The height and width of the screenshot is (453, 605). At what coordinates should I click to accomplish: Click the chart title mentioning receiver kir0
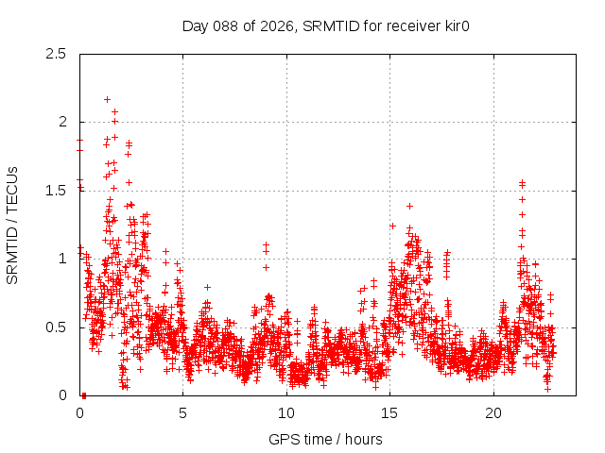[x=326, y=25]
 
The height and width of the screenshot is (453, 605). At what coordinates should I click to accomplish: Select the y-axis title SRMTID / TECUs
[x=13, y=225]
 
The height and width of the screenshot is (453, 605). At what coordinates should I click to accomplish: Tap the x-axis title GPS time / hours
[x=325, y=439]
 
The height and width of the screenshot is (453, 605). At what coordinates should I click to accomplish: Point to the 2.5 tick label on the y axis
[x=57, y=54]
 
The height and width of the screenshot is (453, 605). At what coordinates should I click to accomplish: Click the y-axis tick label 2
[x=62, y=122]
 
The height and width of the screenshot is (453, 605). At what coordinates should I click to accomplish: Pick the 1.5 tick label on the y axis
[x=57, y=191]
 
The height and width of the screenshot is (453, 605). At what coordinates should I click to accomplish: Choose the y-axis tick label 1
[x=62, y=259]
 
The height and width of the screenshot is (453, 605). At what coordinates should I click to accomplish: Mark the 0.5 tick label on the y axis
[x=57, y=327]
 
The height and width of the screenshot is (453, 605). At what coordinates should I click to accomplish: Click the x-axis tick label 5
[x=183, y=413]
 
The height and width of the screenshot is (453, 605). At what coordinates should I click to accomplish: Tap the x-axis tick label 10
[x=286, y=413]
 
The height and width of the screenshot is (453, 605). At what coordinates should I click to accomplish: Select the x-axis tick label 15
[x=390, y=413]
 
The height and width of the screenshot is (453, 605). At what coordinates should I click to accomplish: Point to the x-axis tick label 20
[x=493, y=413]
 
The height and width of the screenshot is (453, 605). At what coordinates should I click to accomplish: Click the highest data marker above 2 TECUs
[x=107, y=99]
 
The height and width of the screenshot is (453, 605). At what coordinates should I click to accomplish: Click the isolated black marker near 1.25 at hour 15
[x=392, y=226]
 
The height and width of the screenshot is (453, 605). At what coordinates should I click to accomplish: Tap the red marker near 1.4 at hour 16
[x=409, y=206]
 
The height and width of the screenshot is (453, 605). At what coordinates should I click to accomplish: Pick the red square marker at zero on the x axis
[x=83, y=395]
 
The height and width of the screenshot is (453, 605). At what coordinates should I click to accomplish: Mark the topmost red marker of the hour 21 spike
[x=522, y=182]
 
